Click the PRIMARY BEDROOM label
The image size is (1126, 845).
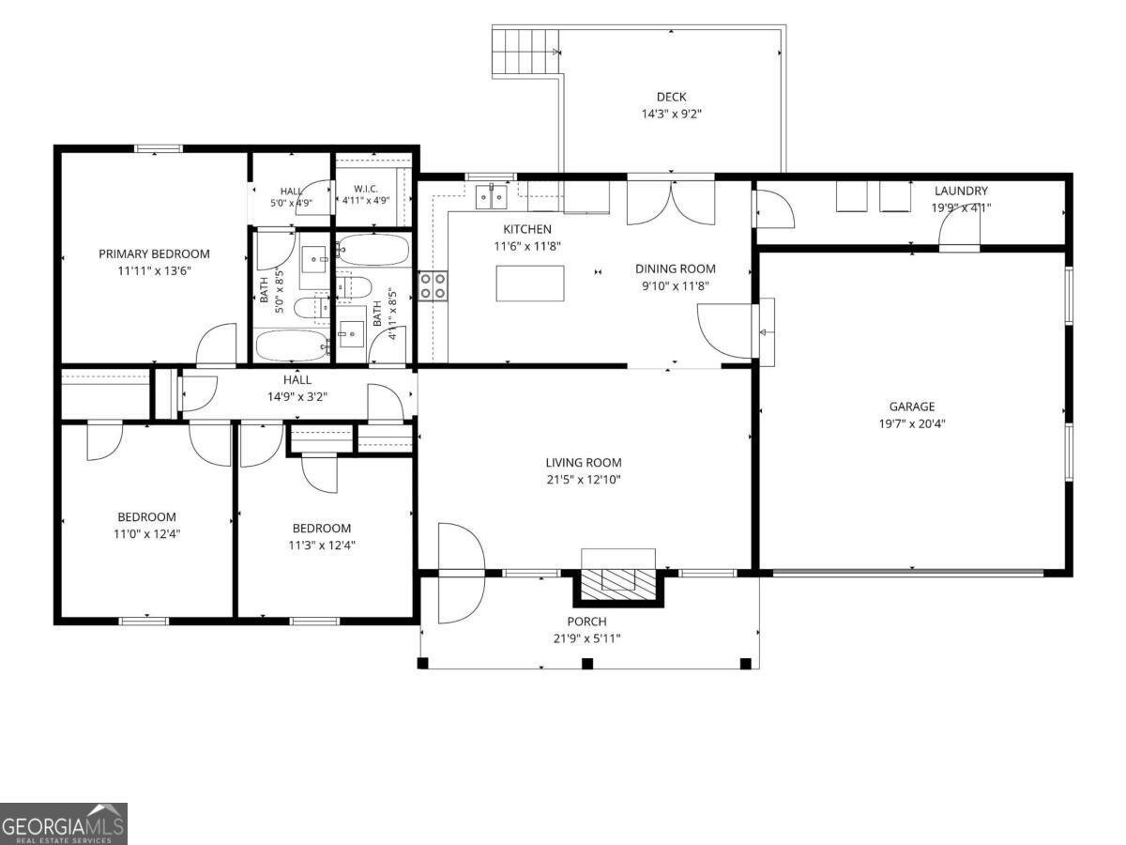click(154, 253)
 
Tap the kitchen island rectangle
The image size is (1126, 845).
click(530, 284)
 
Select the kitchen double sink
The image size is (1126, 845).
click(491, 196)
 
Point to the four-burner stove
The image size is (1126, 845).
click(433, 286)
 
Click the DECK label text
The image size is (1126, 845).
click(671, 97)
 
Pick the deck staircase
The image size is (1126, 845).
click(525, 52)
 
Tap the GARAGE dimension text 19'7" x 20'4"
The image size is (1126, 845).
click(911, 423)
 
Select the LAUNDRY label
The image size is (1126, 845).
click(961, 191)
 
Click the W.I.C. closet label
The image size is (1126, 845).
click(366, 189)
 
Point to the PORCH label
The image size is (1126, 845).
click(586, 622)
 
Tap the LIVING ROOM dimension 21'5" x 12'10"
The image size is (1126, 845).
click(584, 480)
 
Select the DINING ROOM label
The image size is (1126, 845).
click(675, 269)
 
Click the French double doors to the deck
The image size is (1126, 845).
click(671, 203)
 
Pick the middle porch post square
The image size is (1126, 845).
click(587, 664)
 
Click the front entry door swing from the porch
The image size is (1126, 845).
click(461, 573)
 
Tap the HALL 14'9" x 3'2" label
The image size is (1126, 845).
click(297, 388)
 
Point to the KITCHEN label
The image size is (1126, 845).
click(526, 229)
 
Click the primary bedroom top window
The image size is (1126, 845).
click(159, 148)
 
